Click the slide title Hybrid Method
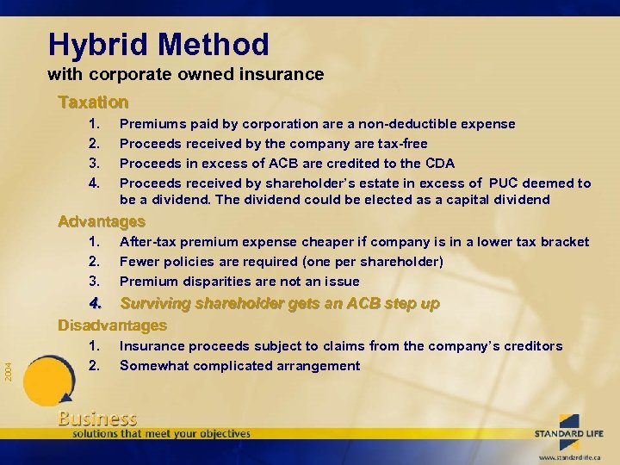point(158,44)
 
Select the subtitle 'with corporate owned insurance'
point(185,74)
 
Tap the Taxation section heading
point(93,102)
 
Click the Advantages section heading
point(101,221)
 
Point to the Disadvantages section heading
point(112,325)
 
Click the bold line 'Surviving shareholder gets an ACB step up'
point(280,304)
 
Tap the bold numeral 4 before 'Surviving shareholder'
point(95,304)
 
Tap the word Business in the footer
point(96,419)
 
